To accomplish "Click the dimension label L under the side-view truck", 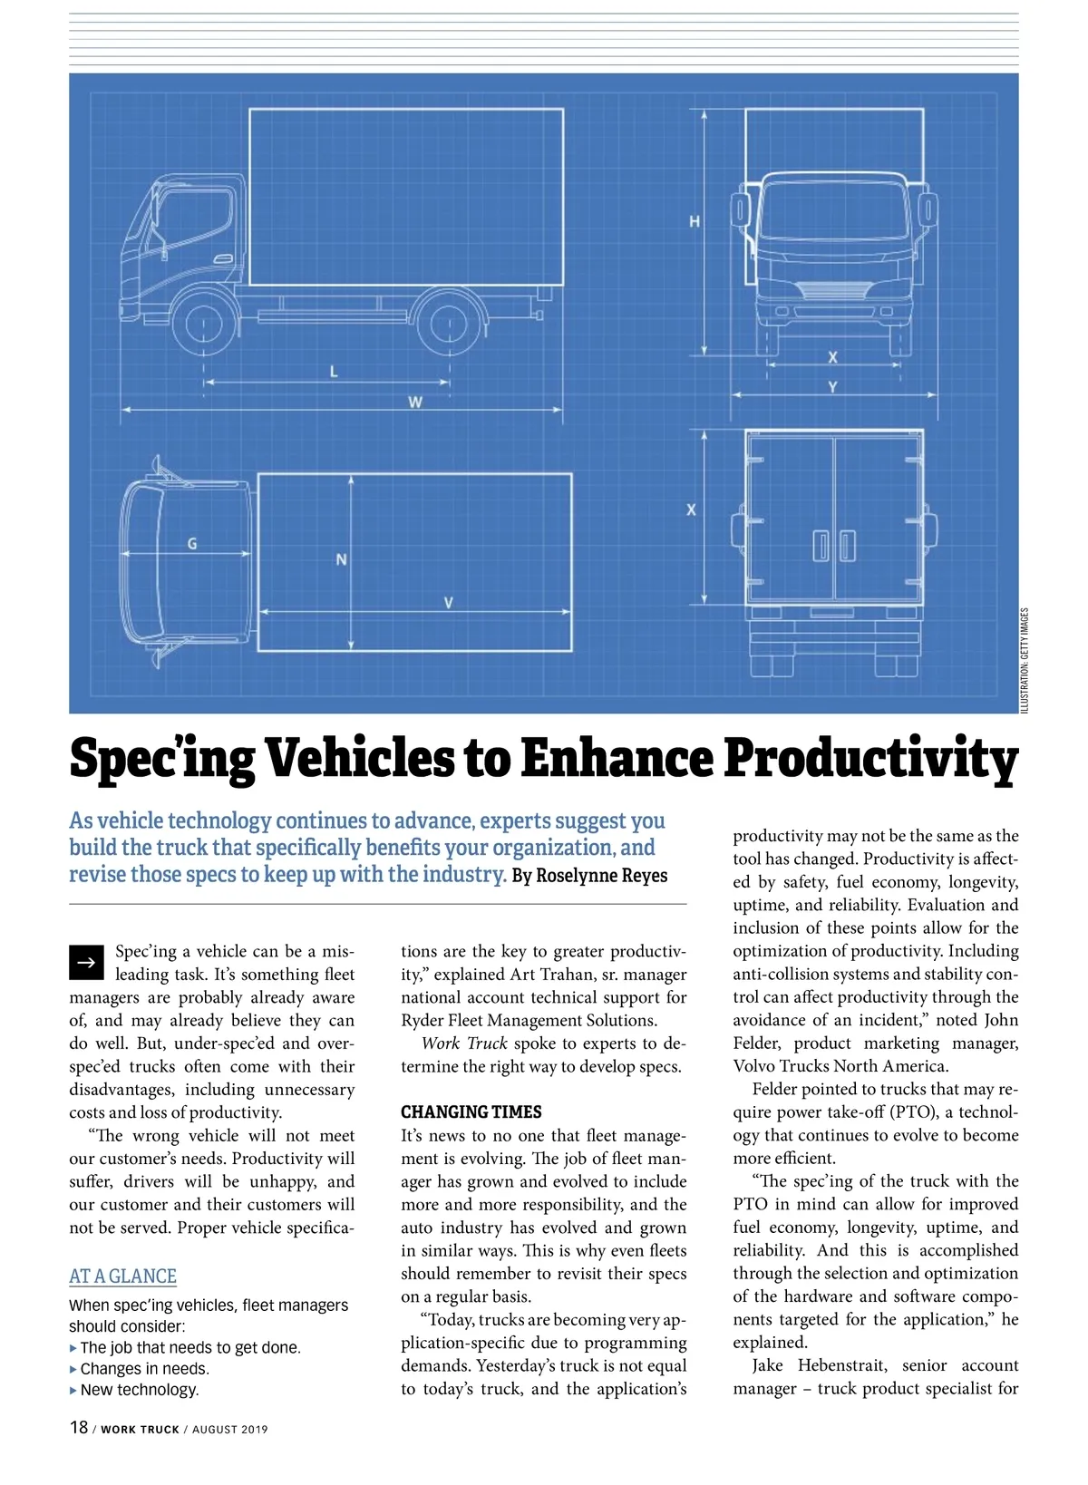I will coord(334,371).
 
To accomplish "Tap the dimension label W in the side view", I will coord(414,402).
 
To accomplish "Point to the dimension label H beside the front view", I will coord(695,221).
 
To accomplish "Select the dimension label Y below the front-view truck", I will coord(832,387).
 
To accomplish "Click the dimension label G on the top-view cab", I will coord(192,544).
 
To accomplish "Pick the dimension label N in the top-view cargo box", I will coord(341,559).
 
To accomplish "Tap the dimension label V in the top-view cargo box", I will coord(448,603).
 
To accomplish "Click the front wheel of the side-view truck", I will coord(204,321).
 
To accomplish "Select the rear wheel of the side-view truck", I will coord(450,321).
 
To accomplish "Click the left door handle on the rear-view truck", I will coord(821,546).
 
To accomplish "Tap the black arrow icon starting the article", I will coord(87,962).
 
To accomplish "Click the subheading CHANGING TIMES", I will coord(471,1111).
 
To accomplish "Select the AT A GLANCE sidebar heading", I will coord(122,1276).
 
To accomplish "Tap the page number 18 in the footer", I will coord(79,1428).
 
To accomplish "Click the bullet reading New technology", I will coord(139,1390).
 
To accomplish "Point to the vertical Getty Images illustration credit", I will coord(1025,659).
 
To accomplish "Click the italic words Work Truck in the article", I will coord(463,1043).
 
